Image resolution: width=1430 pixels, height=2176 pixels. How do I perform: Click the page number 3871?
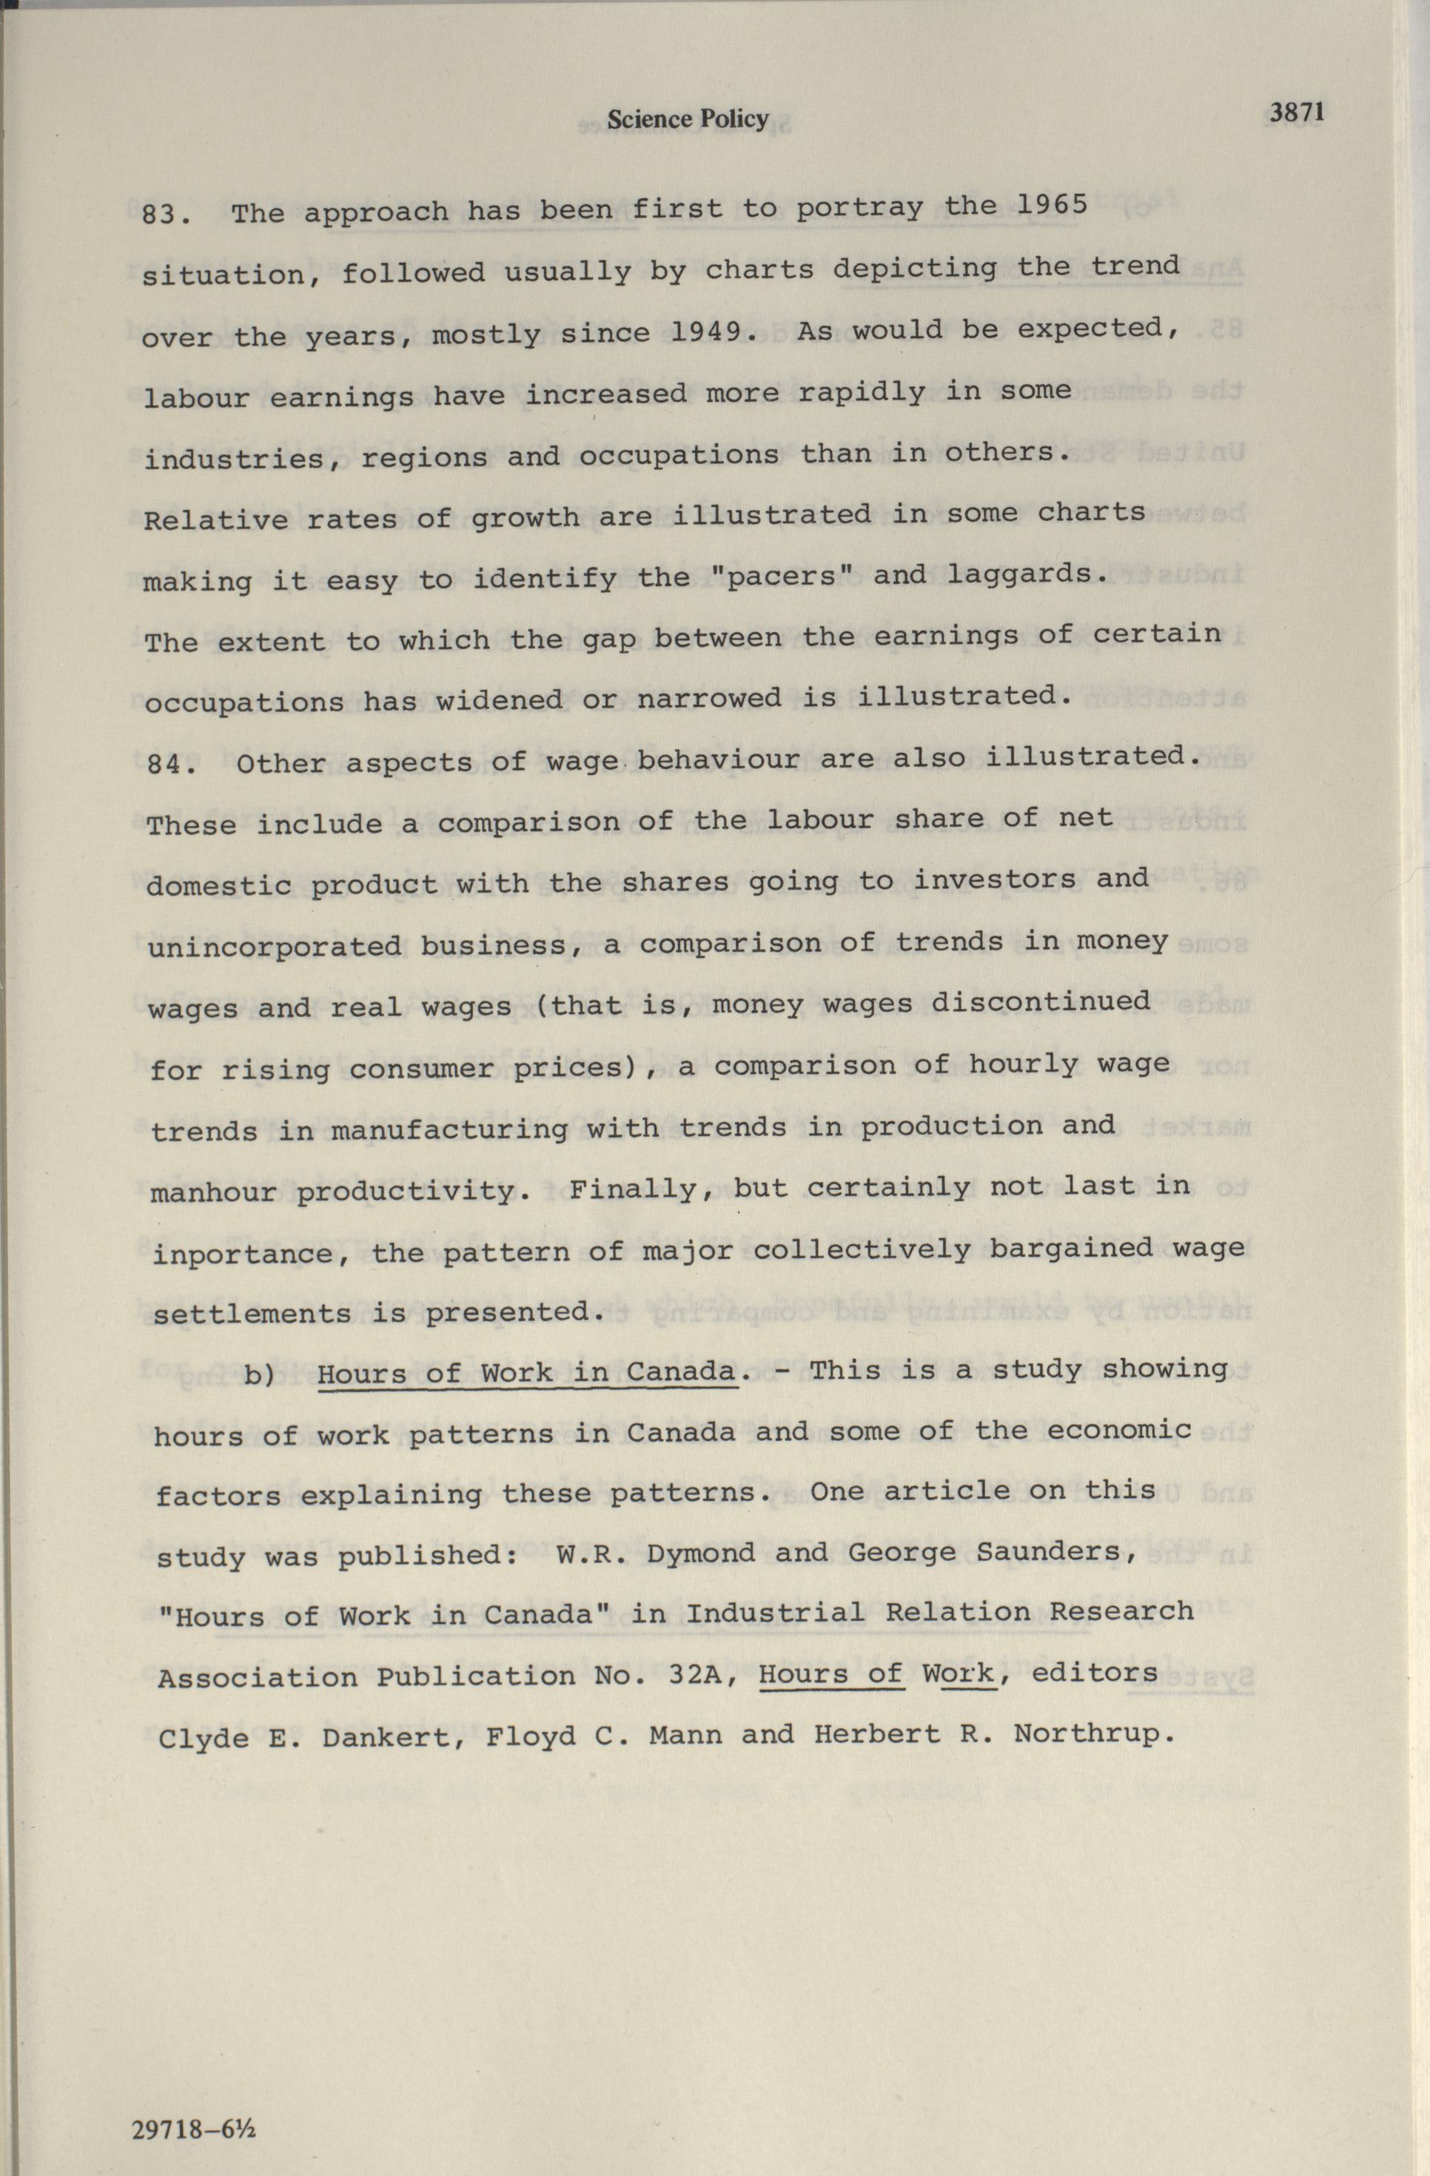click(x=1297, y=113)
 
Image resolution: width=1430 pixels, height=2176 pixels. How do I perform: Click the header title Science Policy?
click(x=688, y=119)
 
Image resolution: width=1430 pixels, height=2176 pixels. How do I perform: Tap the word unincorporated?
click(x=275, y=947)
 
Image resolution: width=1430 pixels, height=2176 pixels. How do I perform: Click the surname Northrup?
click(x=1092, y=1733)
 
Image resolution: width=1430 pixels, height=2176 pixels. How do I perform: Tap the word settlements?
click(x=252, y=1314)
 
